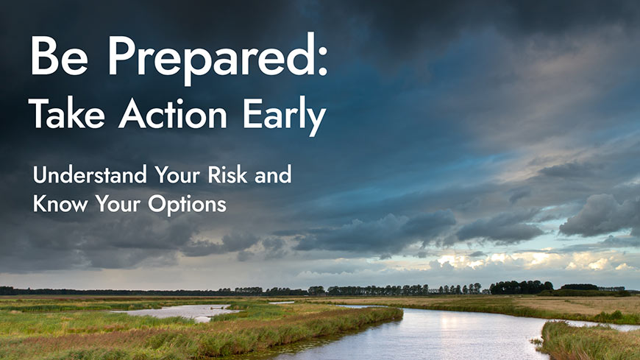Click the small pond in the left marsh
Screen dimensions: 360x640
click(174, 312)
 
